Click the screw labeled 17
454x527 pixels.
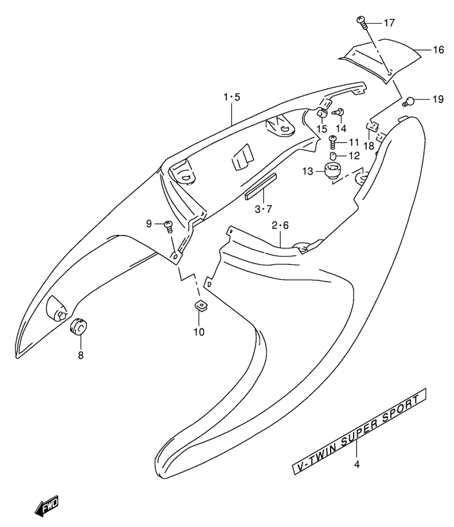[362, 22]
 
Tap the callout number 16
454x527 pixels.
[438, 50]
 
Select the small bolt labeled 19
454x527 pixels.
[408, 101]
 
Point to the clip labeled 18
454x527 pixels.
[372, 126]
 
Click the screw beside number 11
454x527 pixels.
[333, 142]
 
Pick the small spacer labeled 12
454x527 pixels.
[333, 156]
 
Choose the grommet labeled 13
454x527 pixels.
[332, 171]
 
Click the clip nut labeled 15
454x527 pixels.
[321, 116]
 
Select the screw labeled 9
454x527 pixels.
[169, 226]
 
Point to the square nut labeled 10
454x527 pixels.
[200, 305]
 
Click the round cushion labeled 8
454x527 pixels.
[78, 326]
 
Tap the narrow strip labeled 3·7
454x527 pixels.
[260, 186]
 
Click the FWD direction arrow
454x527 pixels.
[47, 505]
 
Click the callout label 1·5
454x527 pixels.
[232, 98]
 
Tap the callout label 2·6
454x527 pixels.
[280, 225]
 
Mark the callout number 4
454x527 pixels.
[357, 465]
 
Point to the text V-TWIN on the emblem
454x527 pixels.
[316, 458]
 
